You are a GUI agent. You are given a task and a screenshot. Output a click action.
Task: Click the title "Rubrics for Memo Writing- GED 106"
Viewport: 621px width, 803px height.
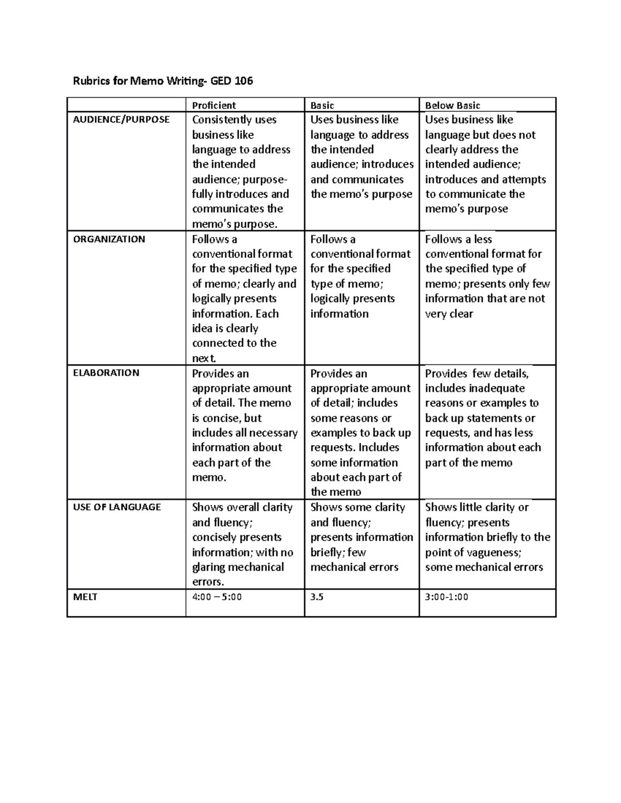point(162,81)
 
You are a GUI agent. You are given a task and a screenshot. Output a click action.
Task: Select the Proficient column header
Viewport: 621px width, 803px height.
point(214,105)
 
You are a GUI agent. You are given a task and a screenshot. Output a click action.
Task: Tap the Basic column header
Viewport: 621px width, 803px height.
point(322,105)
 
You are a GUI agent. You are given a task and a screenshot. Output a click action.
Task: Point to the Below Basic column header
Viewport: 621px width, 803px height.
point(452,105)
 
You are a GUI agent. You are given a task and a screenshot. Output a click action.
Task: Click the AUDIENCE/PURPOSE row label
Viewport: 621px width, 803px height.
point(121,119)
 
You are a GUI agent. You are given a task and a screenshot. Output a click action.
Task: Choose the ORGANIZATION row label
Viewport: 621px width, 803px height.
point(109,239)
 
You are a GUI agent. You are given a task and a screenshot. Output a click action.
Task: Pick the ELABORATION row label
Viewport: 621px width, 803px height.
point(106,373)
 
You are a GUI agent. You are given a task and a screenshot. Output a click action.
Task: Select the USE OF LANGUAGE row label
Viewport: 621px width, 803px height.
point(117,507)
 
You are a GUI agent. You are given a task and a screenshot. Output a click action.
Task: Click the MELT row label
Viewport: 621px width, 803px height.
point(85,597)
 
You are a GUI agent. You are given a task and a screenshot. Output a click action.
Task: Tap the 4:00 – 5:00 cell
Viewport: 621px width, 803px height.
point(217,597)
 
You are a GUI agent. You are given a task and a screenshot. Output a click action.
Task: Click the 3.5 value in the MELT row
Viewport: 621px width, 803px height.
point(317,597)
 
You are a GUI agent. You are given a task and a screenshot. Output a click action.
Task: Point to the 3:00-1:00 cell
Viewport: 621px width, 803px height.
point(446,597)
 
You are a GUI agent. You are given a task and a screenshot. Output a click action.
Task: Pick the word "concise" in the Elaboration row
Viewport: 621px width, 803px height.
point(222,418)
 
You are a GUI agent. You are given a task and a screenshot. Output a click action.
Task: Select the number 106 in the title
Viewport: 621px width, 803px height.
point(243,81)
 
